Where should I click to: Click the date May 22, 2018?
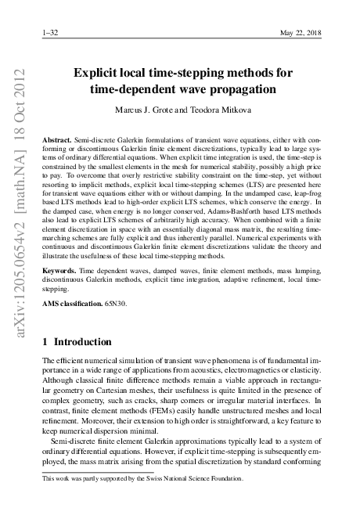[x=301, y=34]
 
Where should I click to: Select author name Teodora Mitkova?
[x=218, y=110]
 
